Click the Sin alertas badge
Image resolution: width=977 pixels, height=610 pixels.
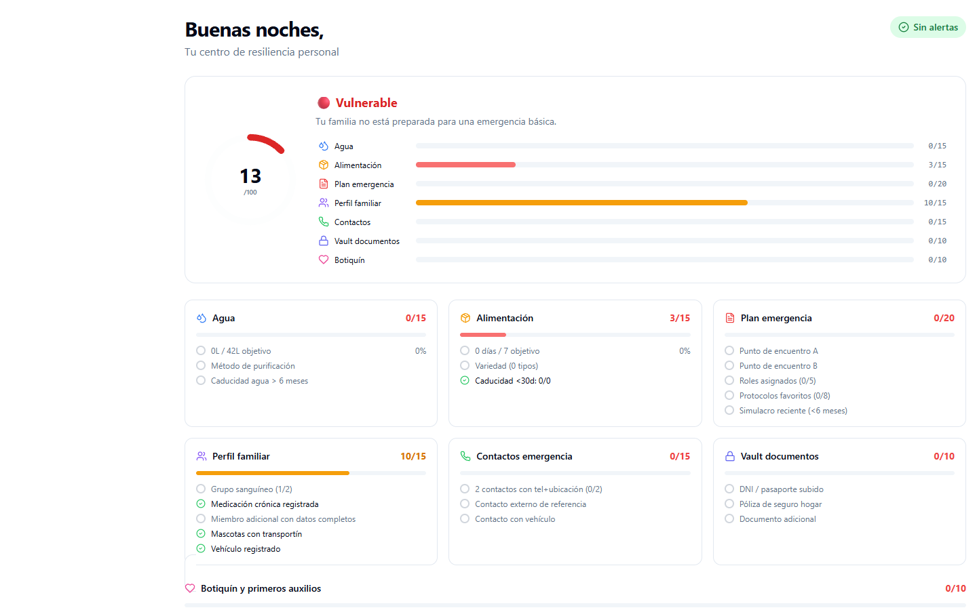pyautogui.click(x=927, y=27)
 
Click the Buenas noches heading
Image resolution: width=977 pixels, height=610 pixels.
pyautogui.click(x=254, y=30)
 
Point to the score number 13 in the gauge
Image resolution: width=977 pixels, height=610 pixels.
pyautogui.click(x=250, y=176)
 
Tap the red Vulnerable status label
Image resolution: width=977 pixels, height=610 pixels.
pyautogui.click(x=366, y=103)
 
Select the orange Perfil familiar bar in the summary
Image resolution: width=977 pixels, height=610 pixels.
pyautogui.click(x=581, y=203)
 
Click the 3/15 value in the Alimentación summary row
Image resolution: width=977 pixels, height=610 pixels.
pyautogui.click(x=937, y=165)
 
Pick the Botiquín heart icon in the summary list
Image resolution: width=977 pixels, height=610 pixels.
pyautogui.click(x=324, y=260)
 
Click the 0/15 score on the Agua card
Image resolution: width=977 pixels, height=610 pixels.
pyautogui.click(x=415, y=318)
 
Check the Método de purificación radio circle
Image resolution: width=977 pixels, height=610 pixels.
pyautogui.click(x=201, y=366)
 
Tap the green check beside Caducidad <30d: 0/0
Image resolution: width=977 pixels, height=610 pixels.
pyautogui.click(x=465, y=381)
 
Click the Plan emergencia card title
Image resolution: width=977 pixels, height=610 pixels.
pyautogui.click(x=775, y=318)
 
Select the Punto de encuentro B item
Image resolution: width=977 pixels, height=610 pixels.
pyautogui.click(x=778, y=366)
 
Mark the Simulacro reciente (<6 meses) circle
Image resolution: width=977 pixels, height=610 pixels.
pyautogui.click(x=729, y=411)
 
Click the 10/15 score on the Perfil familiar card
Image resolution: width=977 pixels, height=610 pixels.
pyautogui.click(x=413, y=456)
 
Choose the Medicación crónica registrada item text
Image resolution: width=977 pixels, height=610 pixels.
pyautogui.click(x=265, y=504)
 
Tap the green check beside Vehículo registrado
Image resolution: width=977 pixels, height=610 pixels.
pyautogui.click(x=201, y=549)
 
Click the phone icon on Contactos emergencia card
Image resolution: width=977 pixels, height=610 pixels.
pyautogui.click(x=465, y=456)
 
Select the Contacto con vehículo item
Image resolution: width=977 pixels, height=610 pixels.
pyautogui.click(x=514, y=519)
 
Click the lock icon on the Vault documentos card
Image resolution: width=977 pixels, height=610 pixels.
pyautogui.click(x=730, y=456)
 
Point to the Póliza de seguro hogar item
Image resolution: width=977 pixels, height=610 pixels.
pyautogui.click(x=780, y=504)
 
